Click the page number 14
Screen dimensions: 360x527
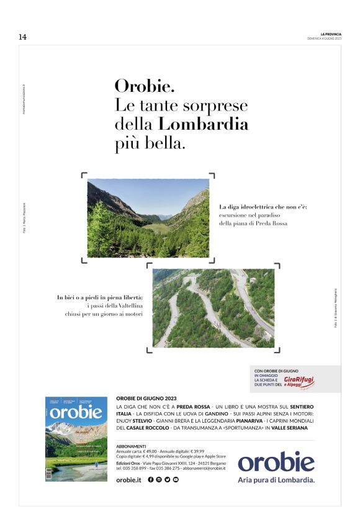22,37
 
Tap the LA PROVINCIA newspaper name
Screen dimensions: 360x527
331,34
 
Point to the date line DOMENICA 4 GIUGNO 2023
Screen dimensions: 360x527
324,38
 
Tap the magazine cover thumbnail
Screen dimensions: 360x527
75,438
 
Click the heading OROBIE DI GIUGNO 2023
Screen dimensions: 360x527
146,399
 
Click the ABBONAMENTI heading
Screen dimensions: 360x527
131,446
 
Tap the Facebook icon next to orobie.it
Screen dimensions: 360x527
151,480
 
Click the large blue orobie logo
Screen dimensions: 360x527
276,462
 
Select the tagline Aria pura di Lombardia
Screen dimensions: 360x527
276,479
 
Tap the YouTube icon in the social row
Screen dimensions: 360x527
176,480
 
